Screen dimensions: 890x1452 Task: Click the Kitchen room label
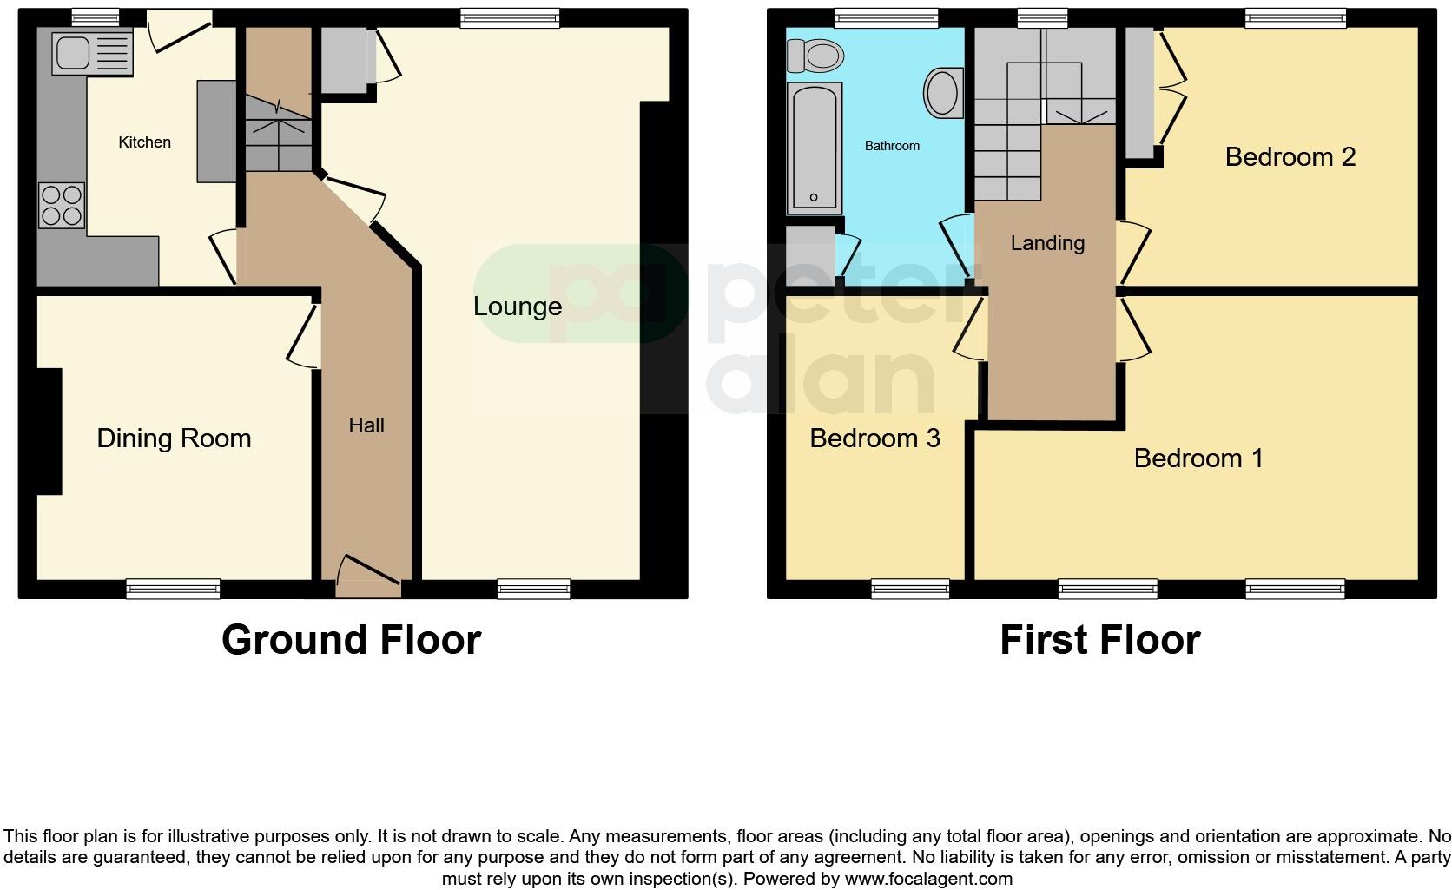tap(144, 142)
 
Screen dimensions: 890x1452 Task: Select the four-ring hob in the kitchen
tap(62, 205)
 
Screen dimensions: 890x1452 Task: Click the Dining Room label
tap(174, 438)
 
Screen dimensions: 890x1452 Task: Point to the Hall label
tap(366, 425)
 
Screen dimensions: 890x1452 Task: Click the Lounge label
tap(518, 307)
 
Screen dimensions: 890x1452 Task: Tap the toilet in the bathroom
tap(817, 57)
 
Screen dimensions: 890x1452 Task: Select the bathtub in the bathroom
tap(814, 148)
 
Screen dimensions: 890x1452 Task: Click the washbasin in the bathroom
tap(942, 93)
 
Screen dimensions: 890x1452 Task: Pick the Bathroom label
tap(892, 146)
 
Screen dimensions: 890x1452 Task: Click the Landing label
tap(1047, 243)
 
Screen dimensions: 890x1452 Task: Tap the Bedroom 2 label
tap(1290, 157)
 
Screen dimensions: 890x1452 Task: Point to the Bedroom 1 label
tap(1198, 458)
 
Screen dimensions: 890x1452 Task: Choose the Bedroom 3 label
tap(874, 438)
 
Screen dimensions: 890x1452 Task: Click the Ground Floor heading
tap(351, 641)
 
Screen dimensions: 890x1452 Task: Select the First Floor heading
tap(1099, 641)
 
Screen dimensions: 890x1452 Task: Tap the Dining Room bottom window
tap(173, 589)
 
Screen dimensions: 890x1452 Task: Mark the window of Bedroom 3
tap(910, 589)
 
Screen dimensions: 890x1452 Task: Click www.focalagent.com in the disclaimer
tap(928, 879)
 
